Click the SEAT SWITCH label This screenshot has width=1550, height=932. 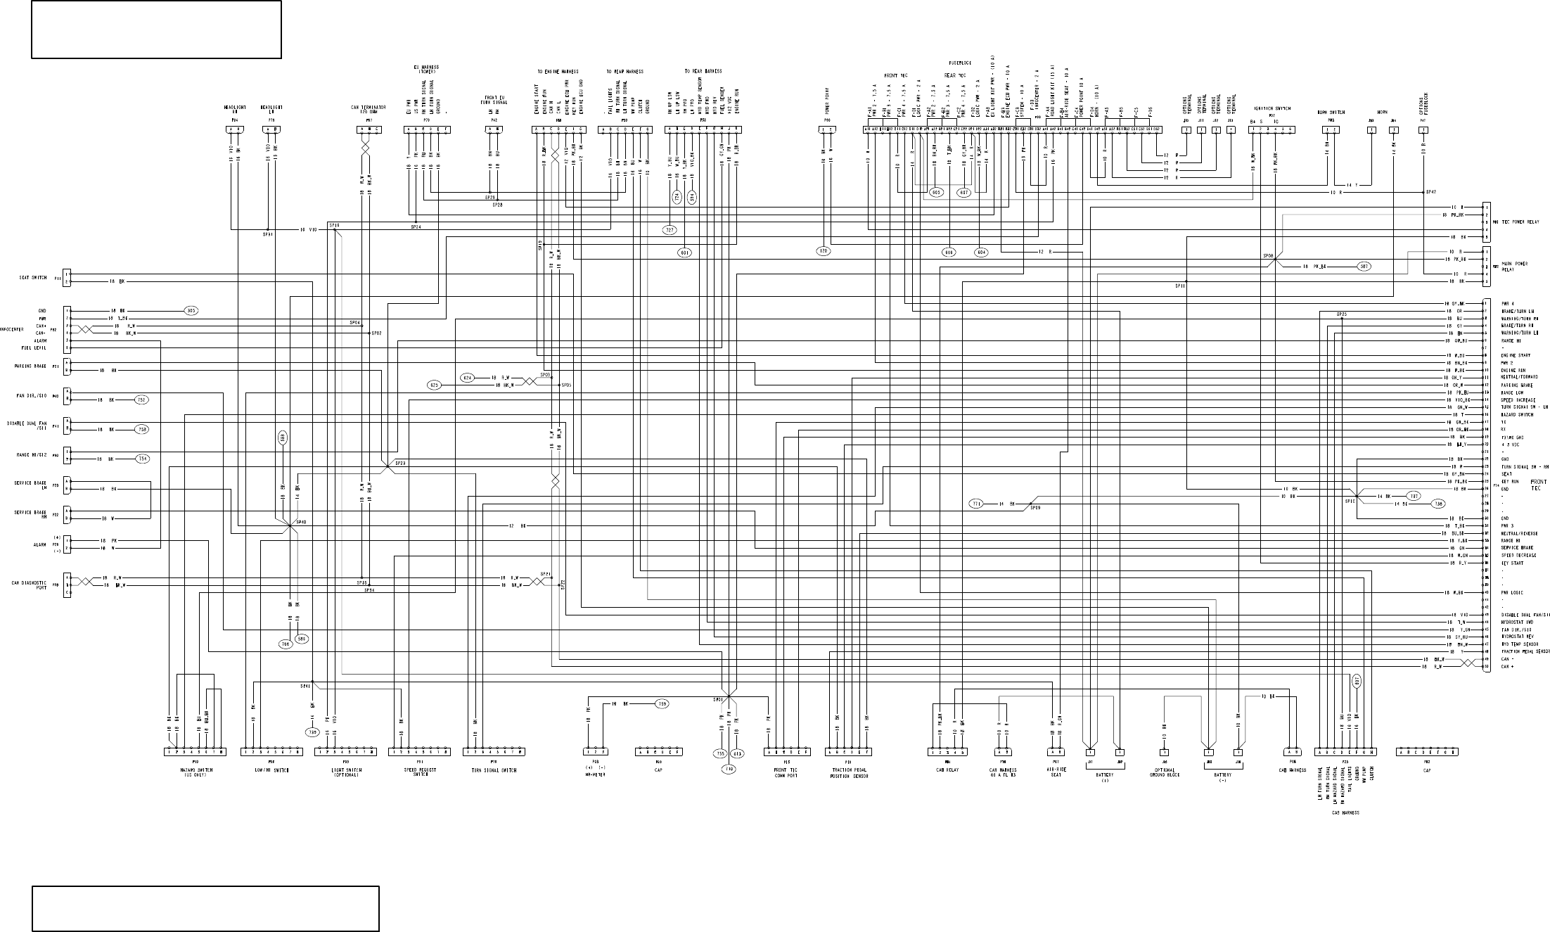(x=32, y=278)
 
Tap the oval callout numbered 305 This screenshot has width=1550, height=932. (x=190, y=310)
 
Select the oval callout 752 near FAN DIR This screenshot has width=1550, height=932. (x=142, y=400)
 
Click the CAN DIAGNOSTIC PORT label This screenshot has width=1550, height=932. (x=30, y=585)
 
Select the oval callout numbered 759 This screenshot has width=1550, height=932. (x=662, y=703)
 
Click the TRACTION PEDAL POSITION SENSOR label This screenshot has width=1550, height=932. (x=848, y=773)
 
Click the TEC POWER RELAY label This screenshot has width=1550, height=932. (x=1520, y=222)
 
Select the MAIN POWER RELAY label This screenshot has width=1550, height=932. (x=1510, y=267)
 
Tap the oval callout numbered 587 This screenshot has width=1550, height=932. (x=1364, y=267)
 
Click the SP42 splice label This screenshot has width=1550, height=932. (x=1430, y=191)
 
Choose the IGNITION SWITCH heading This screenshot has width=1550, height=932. (x=1271, y=108)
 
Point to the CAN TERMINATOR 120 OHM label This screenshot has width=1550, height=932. (x=369, y=109)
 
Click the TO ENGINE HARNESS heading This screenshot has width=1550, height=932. (x=558, y=72)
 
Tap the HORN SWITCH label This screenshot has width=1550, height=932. (x=1331, y=112)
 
